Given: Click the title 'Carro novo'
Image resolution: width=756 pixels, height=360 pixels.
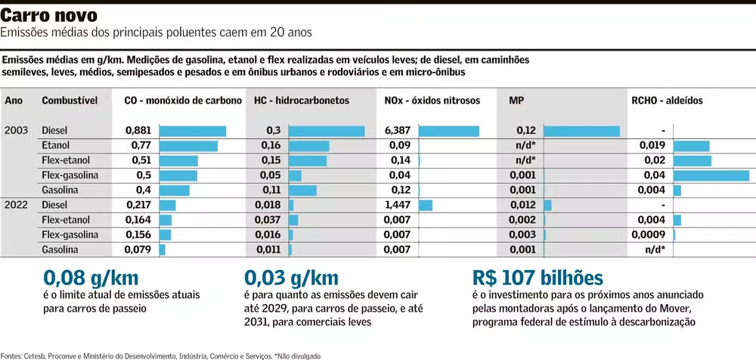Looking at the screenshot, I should pyautogui.click(x=49, y=15).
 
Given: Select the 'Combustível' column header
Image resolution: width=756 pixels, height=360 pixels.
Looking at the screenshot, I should pyautogui.click(x=70, y=101).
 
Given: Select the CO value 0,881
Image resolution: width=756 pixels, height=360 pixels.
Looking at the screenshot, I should pyautogui.click(x=138, y=130).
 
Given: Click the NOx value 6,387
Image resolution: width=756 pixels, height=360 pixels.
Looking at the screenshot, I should pyautogui.click(x=398, y=130).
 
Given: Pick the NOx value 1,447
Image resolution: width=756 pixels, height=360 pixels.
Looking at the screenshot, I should pyautogui.click(x=398, y=204).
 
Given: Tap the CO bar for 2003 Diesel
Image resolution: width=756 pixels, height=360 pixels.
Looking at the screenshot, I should pyautogui.click(x=192, y=131).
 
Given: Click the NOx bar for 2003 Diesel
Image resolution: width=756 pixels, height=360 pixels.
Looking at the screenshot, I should pyautogui.click(x=448, y=131).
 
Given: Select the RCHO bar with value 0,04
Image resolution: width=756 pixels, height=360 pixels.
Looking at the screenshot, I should pyautogui.click(x=711, y=175).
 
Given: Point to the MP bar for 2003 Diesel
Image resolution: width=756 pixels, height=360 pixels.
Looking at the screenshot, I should pyautogui.click(x=581, y=131).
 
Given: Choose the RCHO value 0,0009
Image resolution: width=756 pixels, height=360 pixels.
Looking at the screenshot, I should pyautogui.click(x=651, y=234).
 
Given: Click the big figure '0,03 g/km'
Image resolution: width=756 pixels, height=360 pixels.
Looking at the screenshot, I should pyautogui.click(x=292, y=279).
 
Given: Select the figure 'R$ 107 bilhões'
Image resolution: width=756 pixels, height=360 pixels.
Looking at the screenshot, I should pyautogui.click(x=538, y=279).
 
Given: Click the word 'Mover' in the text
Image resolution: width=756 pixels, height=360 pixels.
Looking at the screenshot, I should pyautogui.click(x=672, y=309).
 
